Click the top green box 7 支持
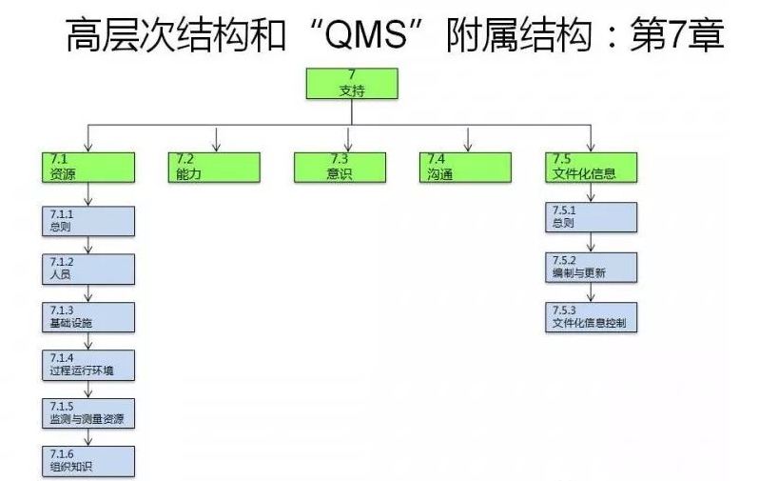pyautogui.click(x=350, y=84)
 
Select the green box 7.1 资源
pyautogui.click(x=88, y=166)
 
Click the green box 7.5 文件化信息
pyautogui.click(x=592, y=166)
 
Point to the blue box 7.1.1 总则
pyautogui.click(x=88, y=220)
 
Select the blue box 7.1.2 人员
pyautogui.click(x=88, y=268)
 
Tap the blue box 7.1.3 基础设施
pyautogui.click(x=88, y=316)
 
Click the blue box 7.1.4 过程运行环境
pyautogui.click(x=88, y=364)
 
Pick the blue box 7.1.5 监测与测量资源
pyautogui.click(x=88, y=412)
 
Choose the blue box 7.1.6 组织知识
pyautogui.click(x=88, y=460)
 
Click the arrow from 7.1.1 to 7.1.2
pyautogui.click(x=88, y=245)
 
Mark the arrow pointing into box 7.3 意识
pyautogui.click(x=347, y=139)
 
